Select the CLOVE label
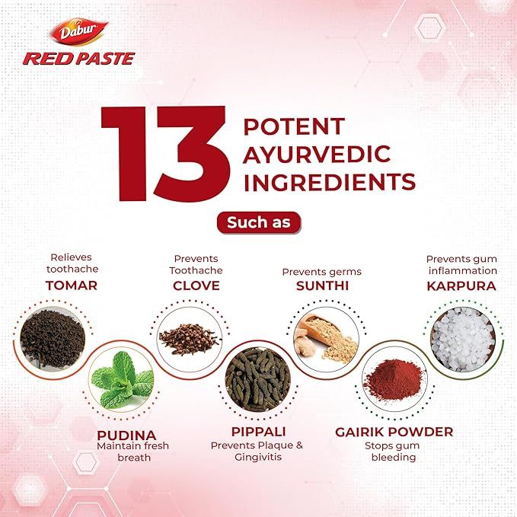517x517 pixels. pos(196,286)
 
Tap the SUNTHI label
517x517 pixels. pos(322,286)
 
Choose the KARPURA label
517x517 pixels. pos(461,286)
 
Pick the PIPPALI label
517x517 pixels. pos(257,432)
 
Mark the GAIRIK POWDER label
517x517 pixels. pos(394,432)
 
